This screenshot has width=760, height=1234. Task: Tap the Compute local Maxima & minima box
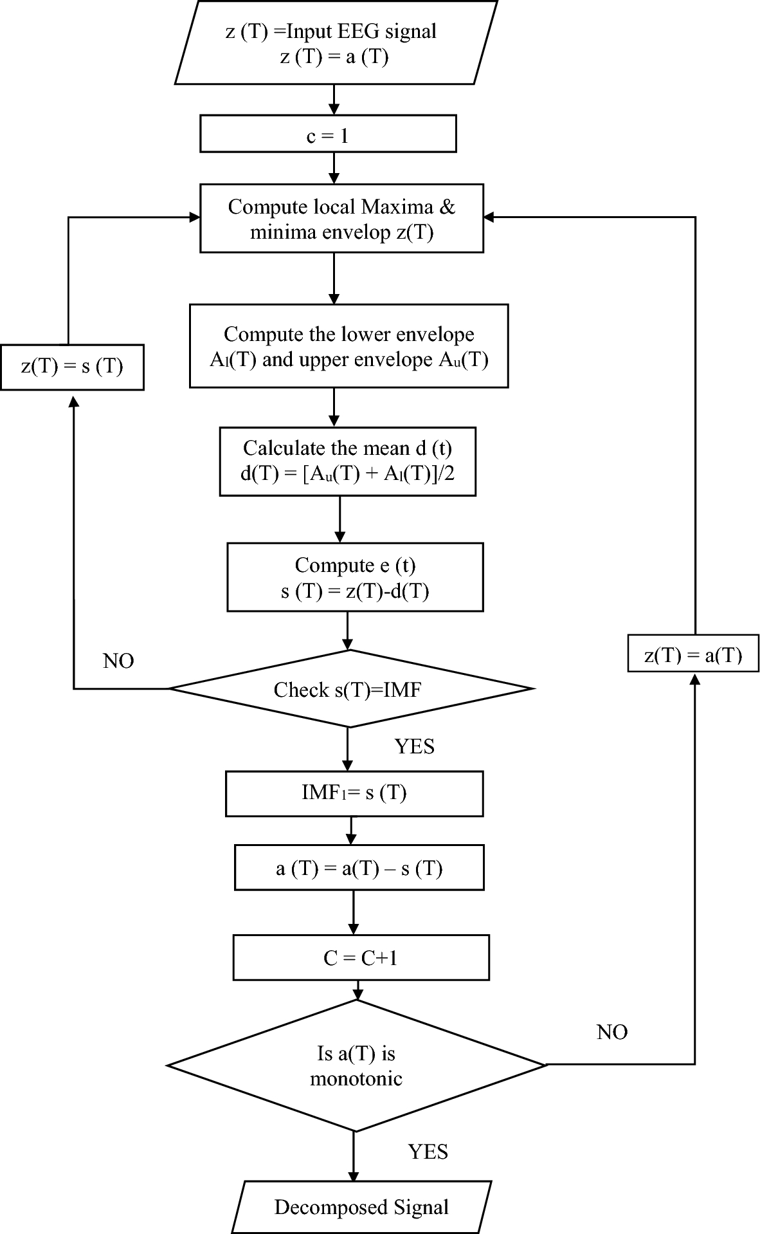(341, 219)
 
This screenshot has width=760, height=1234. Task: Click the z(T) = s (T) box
(72, 367)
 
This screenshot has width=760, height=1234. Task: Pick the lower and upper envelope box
(348, 346)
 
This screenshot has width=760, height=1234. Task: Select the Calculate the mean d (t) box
(347, 461)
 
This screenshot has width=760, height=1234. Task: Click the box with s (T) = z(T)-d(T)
(355, 577)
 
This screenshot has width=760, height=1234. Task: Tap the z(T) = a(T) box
(693, 654)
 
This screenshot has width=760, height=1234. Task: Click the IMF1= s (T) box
(354, 793)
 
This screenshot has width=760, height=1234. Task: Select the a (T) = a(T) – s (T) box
(359, 869)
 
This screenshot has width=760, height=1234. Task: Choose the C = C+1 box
(361, 957)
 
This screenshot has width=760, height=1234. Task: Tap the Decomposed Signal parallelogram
(361, 1207)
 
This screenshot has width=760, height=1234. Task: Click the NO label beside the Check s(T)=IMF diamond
(118, 661)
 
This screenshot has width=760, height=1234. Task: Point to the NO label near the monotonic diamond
(611, 1032)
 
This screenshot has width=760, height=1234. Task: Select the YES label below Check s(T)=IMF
(414, 746)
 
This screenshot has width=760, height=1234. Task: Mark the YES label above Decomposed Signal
(428, 1151)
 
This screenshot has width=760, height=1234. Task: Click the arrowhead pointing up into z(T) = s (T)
(74, 400)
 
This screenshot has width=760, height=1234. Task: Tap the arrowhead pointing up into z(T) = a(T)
(694, 681)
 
